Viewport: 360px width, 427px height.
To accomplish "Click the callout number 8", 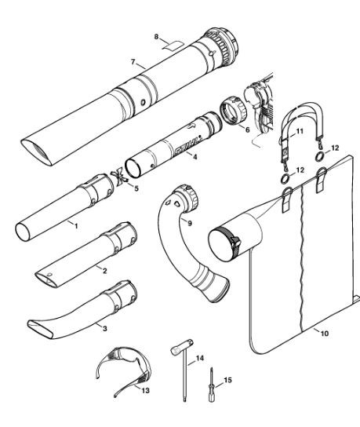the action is click(156, 36).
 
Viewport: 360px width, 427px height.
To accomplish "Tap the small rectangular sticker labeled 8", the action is click(173, 46).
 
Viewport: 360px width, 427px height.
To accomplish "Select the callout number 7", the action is click(133, 62).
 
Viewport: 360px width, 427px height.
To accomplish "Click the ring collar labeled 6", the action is click(233, 111).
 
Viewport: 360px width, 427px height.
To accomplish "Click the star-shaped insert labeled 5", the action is click(119, 177).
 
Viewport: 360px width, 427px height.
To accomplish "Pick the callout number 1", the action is click(76, 226).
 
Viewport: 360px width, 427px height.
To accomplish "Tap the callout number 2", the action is click(105, 271).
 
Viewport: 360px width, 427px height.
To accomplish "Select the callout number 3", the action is click(105, 329).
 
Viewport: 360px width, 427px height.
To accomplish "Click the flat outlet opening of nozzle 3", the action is click(41, 330).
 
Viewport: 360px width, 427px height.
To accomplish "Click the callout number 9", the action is click(190, 223).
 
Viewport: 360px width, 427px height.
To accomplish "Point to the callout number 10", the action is click(325, 334).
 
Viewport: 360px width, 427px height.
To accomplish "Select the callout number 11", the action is click(300, 131).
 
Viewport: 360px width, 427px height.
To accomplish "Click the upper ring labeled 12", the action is click(320, 156).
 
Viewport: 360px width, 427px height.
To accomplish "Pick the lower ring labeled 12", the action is click(285, 179).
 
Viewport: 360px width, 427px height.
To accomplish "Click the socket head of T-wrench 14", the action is click(182, 346).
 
